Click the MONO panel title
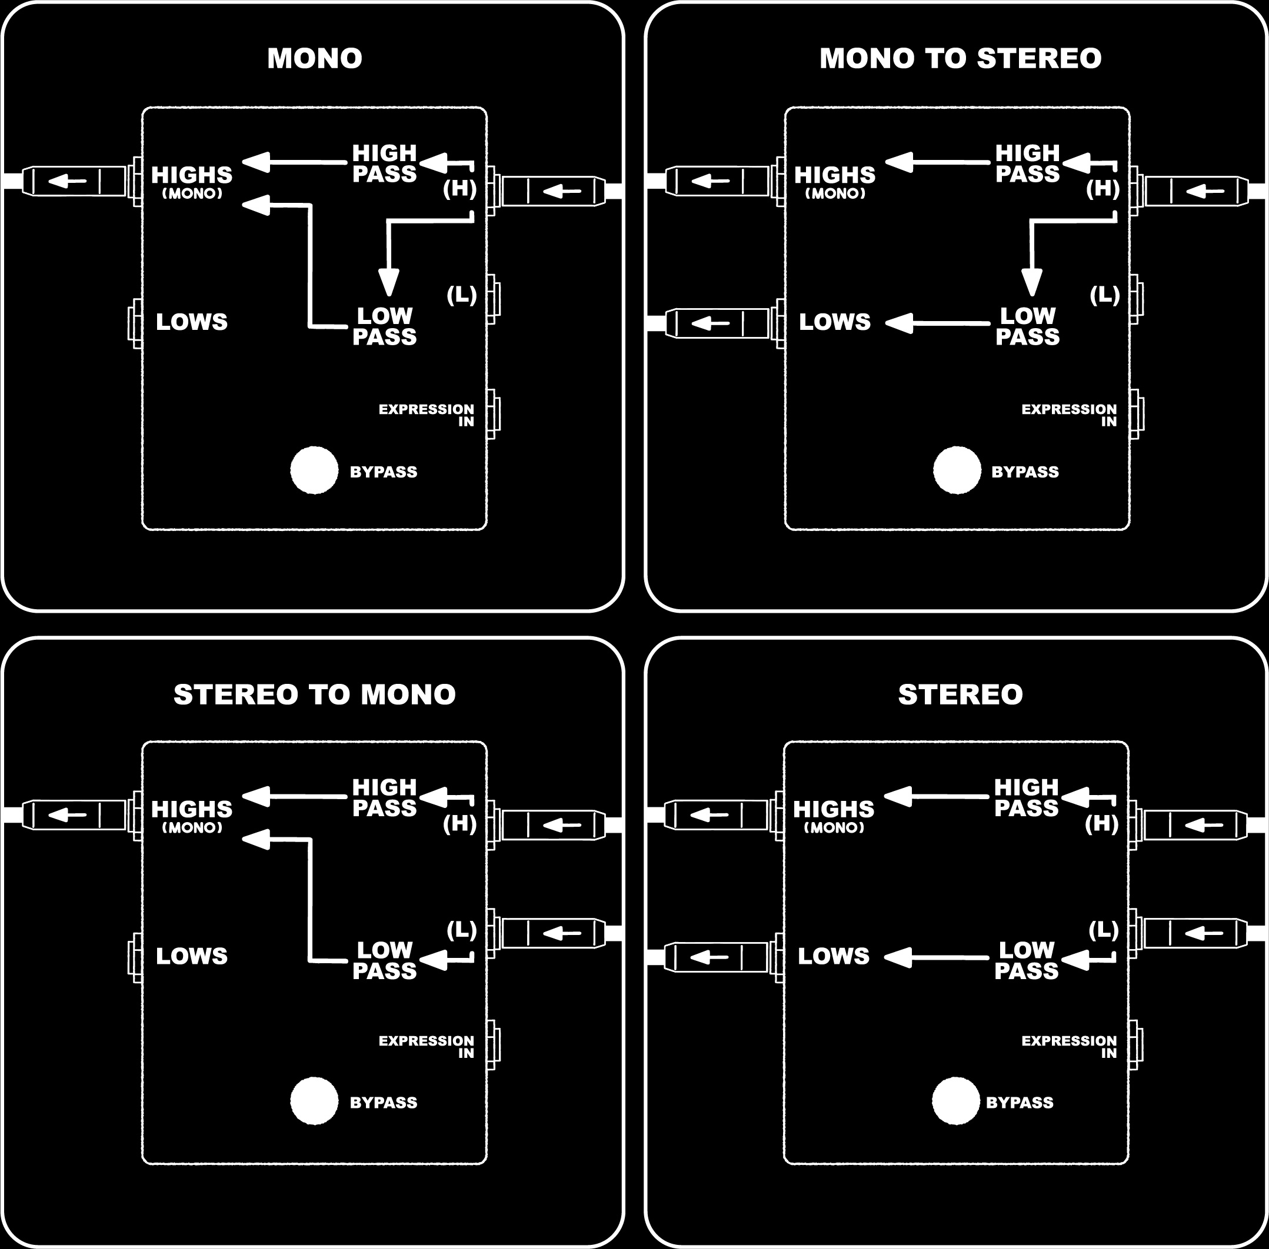(315, 58)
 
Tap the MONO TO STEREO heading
(961, 58)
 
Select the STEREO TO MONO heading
(315, 694)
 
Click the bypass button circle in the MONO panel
(314, 470)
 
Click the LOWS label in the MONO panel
(192, 322)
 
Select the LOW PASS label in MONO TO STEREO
(1028, 326)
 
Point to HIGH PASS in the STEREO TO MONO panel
(385, 798)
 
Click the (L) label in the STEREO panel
(1104, 930)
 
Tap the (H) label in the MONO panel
(460, 188)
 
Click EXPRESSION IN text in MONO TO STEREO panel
(1069, 415)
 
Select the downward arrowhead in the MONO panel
(389, 283)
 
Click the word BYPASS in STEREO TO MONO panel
(383, 1103)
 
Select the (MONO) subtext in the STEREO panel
(834, 828)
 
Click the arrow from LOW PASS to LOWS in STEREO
(937, 958)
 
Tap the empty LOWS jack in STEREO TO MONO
(135, 958)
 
